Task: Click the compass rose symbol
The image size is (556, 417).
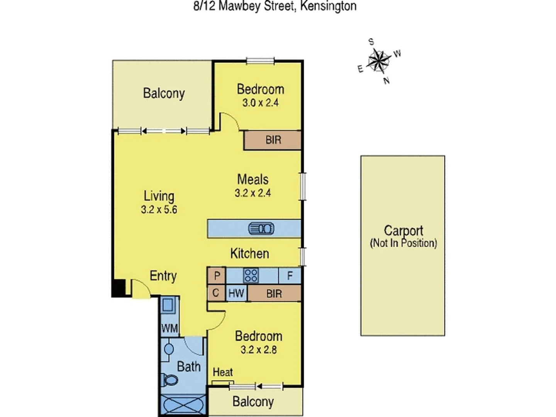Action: pyautogui.click(x=378, y=61)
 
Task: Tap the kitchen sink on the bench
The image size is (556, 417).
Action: pyautogui.click(x=261, y=229)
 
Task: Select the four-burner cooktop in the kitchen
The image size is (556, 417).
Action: pyautogui.click(x=251, y=276)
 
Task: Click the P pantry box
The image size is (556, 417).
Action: pyautogui.click(x=217, y=276)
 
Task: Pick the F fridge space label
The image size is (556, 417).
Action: pyautogui.click(x=290, y=276)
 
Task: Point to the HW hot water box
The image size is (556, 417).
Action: pyautogui.click(x=236, y=293)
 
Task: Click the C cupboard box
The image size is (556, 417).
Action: pyautogui.click(x=216, y=293)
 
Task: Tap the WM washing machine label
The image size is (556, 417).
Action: pyautogui.click(x=170, y=329)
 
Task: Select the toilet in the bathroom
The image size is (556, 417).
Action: pyautogui.click(x=169, y=380)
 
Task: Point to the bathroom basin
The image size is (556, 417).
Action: pyautogui.click(x=169, y=349)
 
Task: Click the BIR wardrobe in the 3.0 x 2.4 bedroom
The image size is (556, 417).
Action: pyautogui.click(x=273, y=140)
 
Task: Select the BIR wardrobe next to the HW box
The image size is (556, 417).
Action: pyautogui.click(x=274, y=293)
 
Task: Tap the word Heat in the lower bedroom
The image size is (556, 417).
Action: pyautogui.click(x=223, y=372)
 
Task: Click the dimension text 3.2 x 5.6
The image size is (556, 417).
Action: pyautogui.click(x=159, y=210)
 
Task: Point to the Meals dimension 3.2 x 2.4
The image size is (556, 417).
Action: pyautogui.click(x=253, y=193)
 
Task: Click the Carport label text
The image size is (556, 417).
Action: pyautogui.click(x=403, y=231)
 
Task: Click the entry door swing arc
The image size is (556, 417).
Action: pyautogui.click(x=141, y=288)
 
